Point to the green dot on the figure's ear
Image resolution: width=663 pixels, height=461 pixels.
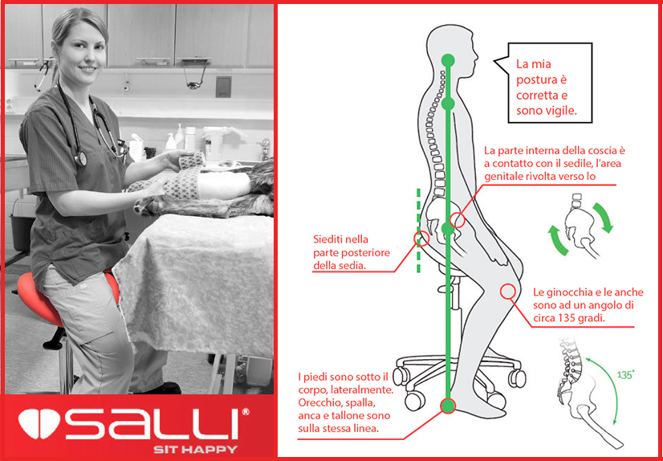pyautogui.click(x=448, y=59)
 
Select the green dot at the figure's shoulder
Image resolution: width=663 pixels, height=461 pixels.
pyautogui.click(x=448, y=104)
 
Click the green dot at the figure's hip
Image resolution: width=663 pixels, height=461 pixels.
pyautogui.click(x=448, y=230)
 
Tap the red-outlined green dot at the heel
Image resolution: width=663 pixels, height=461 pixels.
pyautogui.click(x=448, y=406)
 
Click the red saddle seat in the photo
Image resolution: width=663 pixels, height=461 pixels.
pyautogui.click(x=32, y=293)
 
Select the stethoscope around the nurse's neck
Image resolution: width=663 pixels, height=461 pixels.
pyautogui.click(x=88, y=129)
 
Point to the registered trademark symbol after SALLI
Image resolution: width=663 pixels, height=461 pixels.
pyautogui.click(x=246, y=412)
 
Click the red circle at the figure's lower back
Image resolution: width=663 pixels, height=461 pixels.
pyautogui.click(x=419, y=238)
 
